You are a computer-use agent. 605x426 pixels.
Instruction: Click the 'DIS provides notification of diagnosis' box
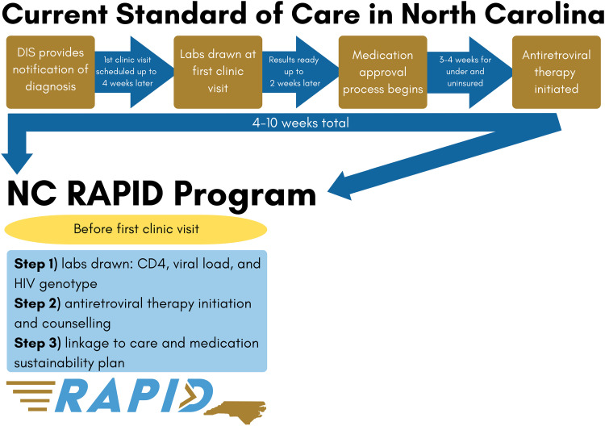pos(49,71)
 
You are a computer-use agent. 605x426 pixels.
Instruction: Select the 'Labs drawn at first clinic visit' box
pos(216,71)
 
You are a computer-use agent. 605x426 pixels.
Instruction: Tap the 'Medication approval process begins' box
pos(382,71)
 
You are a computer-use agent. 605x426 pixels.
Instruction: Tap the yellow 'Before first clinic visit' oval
pos(136,228)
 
